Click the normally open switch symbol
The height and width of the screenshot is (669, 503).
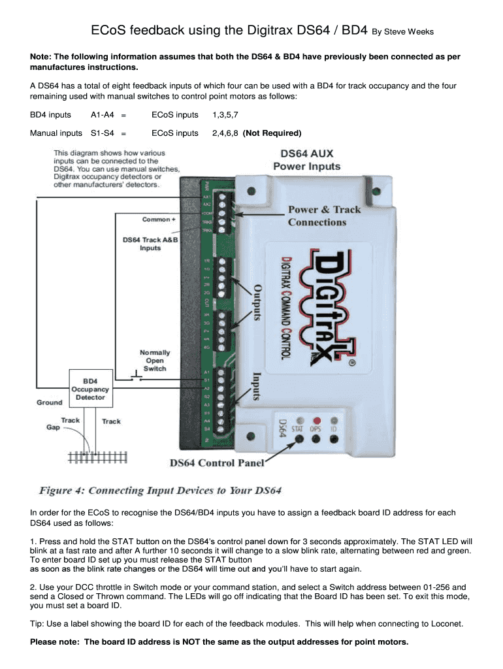pyautogui.click(x=136, y=378)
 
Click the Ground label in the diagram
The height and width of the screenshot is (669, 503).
pyautogui.click(x=50, y=402)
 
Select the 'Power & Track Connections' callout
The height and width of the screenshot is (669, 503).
pyautogui.click(x=324, y=216)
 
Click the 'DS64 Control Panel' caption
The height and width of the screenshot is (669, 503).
pyautogui.click(x=217, y=463)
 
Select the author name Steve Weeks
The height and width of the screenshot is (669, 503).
pyautogui.click(x=409, y=32)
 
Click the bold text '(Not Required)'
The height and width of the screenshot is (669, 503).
pyautogui.click(x=272, y=133)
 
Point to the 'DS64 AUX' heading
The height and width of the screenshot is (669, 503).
pyautogui.click(x=306, y=154)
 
